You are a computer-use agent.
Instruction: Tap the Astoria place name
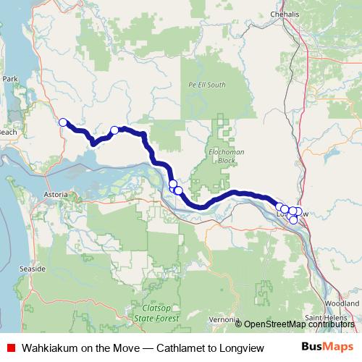point(55,195)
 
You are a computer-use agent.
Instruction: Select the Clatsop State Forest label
point(156,312)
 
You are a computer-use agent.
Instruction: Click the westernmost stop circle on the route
point(63,122)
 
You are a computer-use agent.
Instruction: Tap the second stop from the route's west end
point(114,130)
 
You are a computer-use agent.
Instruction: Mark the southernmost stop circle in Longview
point(293,219)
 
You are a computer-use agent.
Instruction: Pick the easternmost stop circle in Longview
point(298,211)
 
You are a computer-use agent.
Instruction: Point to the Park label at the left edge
point(9,78)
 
